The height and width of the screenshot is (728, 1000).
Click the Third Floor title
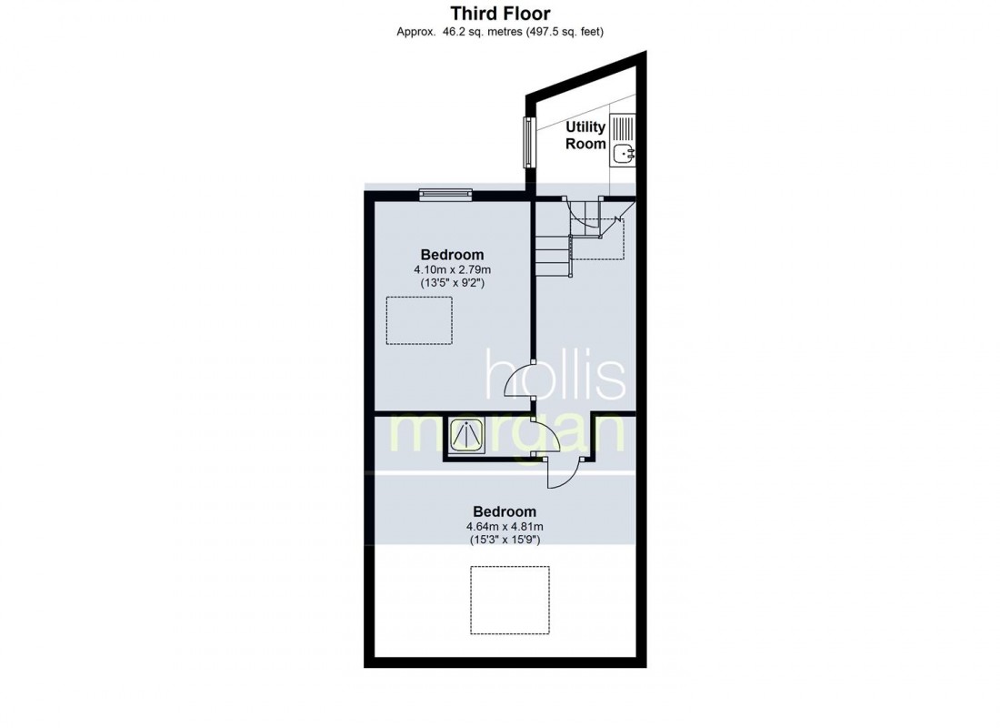tap(500, 13)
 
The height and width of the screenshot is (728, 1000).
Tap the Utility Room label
tap(585, 135)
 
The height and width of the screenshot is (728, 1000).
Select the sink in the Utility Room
tap(622, 154)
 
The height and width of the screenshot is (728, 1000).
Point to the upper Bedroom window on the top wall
tap(445, 192)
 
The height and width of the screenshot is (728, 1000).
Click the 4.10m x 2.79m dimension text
tap(452, 270)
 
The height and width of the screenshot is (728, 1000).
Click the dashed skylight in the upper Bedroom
tap(419, 320)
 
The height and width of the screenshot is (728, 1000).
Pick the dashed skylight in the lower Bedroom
tap(509, 600)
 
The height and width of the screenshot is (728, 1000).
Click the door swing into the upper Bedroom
tap(519, 383)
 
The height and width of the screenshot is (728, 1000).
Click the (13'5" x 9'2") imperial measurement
tap(452, 284)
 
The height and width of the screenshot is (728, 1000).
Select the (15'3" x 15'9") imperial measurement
tap(505, 541)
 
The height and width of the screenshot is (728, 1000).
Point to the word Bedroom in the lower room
tap(505, 511)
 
